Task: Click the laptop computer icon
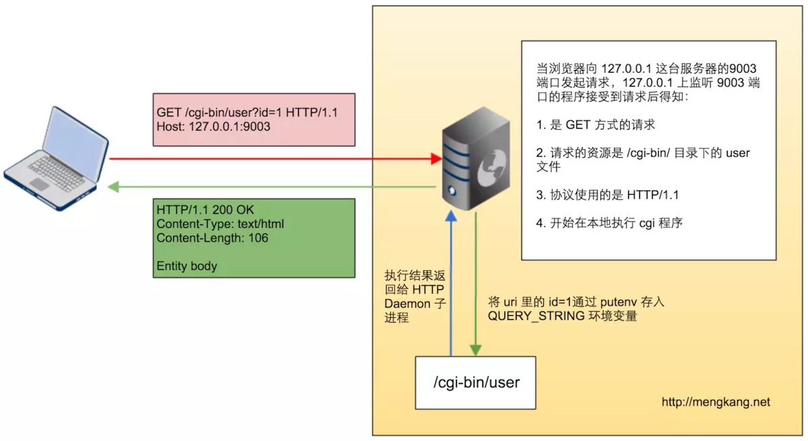pyautogui.click(x=56, y=155)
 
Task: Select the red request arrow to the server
pyautogui.click(x=272, y=159)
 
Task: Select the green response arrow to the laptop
pyautogui.click(x=272, y=186)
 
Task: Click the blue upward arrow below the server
pyautogui.click(x=451, y=286)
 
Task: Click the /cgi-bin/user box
pyautogui.click(x=476, y=382)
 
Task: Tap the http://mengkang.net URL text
pyautogui.click(x=715, y=402)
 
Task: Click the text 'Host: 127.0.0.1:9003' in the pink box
pyautogui.click(x=213, y=127)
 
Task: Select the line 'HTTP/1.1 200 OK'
pyautogui.click(x=205, y=210)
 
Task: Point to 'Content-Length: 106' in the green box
pyautogui.click(x=212, y=238)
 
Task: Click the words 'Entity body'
pyautogui.click(x=187, y=266)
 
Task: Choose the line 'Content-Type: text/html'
pyautogui.click(x=220, y=224)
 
